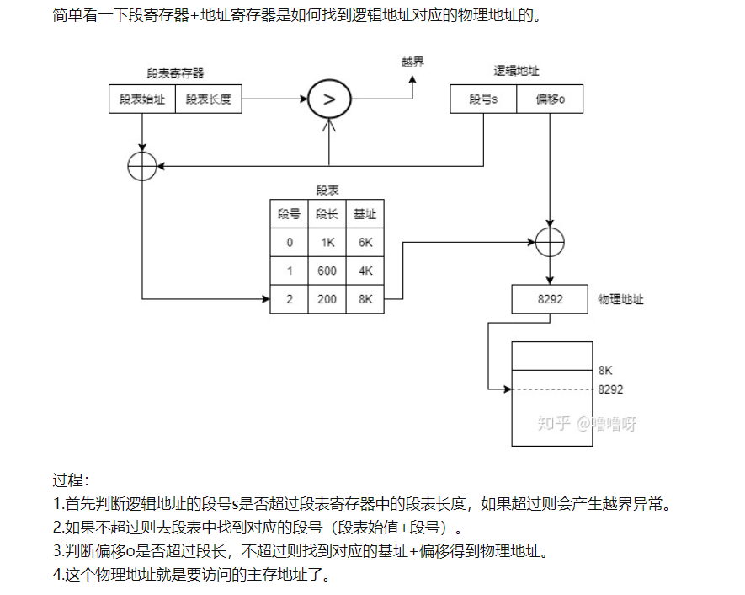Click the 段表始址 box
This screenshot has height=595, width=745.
pos(142,99)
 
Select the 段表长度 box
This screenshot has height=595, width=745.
pos(208,99)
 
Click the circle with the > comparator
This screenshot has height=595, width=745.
pos(329,99)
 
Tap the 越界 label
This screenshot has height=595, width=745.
pos(412,62)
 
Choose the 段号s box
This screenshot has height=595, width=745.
pos(483,99)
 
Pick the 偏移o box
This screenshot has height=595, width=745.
pos(550,99)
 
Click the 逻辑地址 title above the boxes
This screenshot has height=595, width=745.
pos(516,72)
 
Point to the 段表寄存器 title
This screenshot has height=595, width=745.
pos(175,73)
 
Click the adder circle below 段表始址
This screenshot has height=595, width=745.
pos(142,167)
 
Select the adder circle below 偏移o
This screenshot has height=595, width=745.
pos(550,243)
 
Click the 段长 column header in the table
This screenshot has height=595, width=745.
pos(327,214)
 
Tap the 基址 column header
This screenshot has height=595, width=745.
pos(365,214)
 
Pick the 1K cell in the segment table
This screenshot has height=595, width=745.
pos(327,242)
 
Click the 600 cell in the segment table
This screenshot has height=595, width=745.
pos(327,271)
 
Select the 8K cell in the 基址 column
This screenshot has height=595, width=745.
pos(365,299)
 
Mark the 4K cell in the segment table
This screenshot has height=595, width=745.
pos(365,271)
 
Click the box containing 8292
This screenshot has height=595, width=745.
pos(550,299)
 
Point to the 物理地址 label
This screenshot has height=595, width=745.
pos(620,299)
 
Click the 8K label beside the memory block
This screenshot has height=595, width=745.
pos(606,370)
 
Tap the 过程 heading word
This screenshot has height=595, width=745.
pos(70,481)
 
